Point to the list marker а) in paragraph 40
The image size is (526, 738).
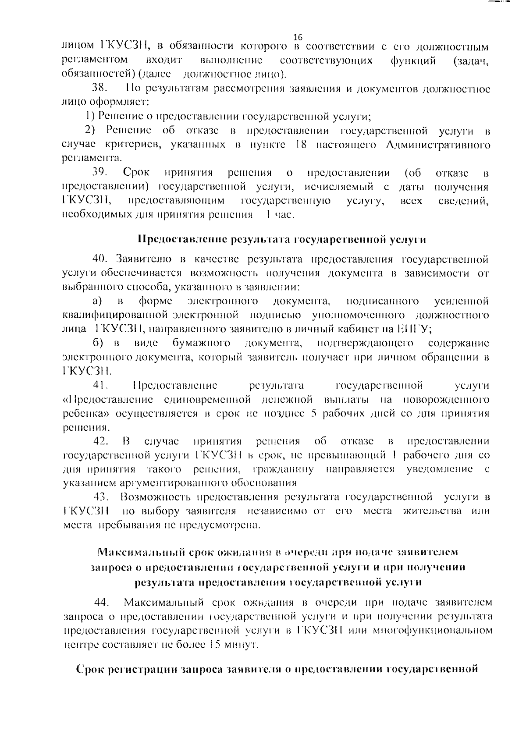[97, 302]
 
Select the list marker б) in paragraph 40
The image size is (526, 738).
[98, 343]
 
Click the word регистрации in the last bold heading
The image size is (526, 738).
[140, 670]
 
